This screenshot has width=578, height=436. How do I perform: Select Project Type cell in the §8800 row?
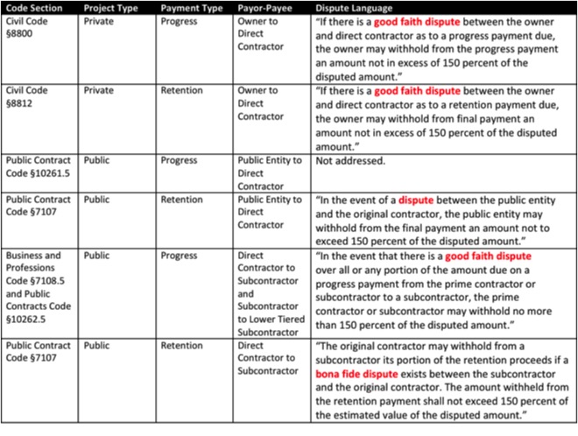(x=102, y=21)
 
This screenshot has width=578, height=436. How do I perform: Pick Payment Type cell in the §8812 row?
(x=180, y=91)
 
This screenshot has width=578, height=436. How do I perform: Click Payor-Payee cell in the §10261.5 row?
(x=270, y=172)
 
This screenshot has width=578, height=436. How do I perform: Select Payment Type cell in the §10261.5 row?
(x=180, y=161)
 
